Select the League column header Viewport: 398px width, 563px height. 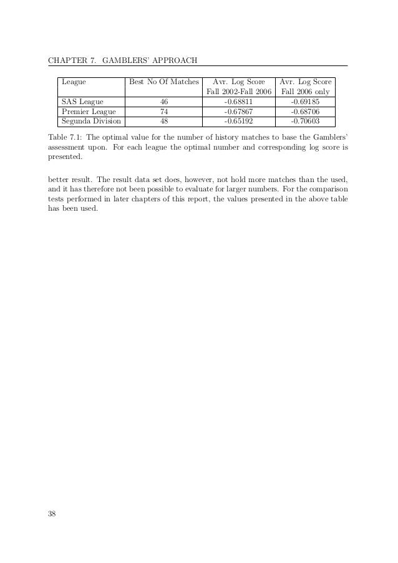[74, 82]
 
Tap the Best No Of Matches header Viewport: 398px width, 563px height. [163, 82]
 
